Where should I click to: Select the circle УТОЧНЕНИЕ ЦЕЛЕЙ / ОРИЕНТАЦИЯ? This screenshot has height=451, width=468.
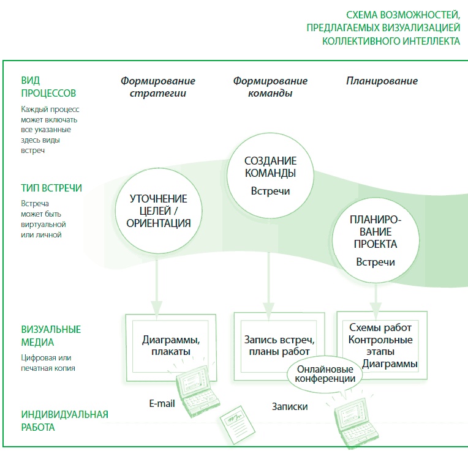pos(158,211)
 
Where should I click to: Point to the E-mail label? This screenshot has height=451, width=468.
pos(162,403)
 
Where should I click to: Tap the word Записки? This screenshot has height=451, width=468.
pos(289,406)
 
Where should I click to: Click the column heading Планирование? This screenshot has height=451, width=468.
pos(382,81)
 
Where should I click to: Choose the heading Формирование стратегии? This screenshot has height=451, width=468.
pos(158,87)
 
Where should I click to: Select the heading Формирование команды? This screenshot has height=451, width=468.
pos(270,87)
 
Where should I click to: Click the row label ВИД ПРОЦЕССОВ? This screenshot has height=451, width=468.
pos(48,87)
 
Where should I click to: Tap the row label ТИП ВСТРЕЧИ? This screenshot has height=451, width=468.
pos(51,188)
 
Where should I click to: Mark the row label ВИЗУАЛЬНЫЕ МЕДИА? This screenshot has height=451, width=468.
pos(51,336)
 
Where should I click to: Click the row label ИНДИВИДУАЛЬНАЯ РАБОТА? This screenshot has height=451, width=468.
pos(64,420)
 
